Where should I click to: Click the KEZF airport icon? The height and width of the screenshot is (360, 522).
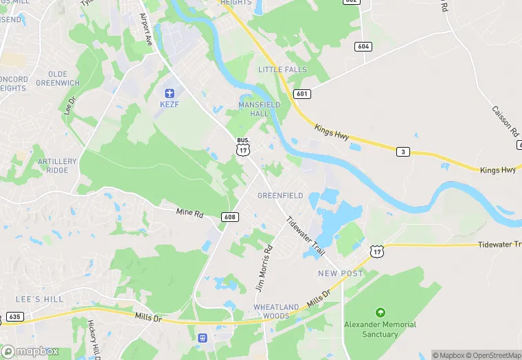[x=170, y=93]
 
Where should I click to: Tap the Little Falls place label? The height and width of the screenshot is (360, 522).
[x=280, y=70]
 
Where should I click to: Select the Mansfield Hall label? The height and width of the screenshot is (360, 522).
[x=259, y=109]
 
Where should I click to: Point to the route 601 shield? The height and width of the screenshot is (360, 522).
[x=303, y=93]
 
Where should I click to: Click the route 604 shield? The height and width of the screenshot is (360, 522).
[x=364, y=46]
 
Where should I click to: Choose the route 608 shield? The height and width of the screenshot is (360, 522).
[x=230, y=217]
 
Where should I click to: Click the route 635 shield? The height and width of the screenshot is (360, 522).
[x=14, y=317]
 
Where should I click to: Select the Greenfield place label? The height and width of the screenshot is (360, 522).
[x=280, y=196]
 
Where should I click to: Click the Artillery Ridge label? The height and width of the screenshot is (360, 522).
[x=53, y=166]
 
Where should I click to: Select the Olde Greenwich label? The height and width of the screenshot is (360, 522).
[x=63, y=78]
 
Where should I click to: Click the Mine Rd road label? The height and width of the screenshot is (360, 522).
[x=190, y=214]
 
